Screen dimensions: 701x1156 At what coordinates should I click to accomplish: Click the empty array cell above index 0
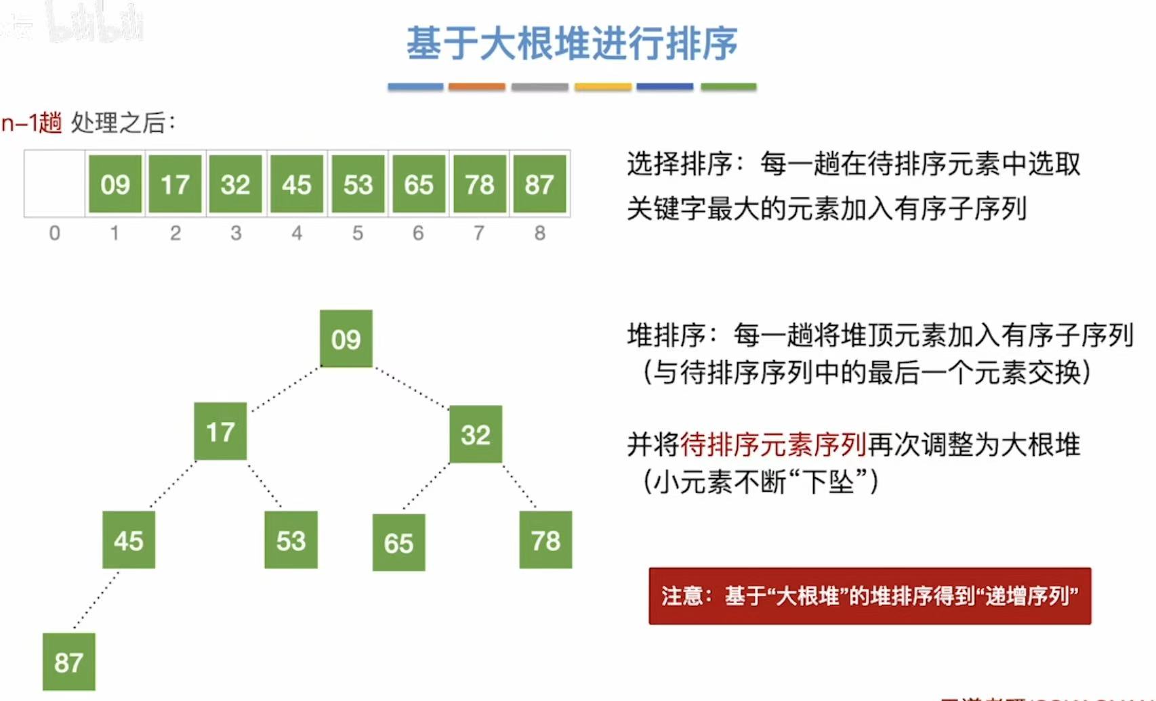click(54, 184)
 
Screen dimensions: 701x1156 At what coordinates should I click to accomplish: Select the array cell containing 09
click(115, 184)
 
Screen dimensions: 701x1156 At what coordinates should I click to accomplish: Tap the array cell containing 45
click(297, 184)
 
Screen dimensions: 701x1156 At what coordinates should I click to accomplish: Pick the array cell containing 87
click(539, 184)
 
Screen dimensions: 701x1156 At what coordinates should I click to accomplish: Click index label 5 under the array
click(358, 233)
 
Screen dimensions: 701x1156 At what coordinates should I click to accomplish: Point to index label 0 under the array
click(55, 233)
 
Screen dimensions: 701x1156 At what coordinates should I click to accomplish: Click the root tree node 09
click(346, 339)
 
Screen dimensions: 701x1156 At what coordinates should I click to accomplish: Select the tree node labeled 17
click(220, 431)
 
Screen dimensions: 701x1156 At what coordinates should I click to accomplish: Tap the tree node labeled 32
click(476, 434)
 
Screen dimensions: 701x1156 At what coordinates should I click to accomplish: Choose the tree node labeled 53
click(291, 540)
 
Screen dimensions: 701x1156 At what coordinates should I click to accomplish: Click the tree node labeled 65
click(398, 543)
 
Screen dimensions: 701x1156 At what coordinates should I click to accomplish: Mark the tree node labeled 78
click(545, 540)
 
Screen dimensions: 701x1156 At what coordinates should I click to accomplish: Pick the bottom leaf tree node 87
click(68, 662)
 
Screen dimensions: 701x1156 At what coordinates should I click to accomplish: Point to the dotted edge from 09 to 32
click(411, 388)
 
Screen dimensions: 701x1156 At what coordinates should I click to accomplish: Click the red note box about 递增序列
click(869, 596)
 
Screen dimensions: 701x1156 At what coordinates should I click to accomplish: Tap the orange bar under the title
click(476, 87)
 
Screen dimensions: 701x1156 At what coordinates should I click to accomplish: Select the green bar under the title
click(728, 87)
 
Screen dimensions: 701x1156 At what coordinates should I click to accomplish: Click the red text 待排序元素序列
click(773, 445)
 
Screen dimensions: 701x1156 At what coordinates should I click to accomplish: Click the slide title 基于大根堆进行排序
click(572, 43)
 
